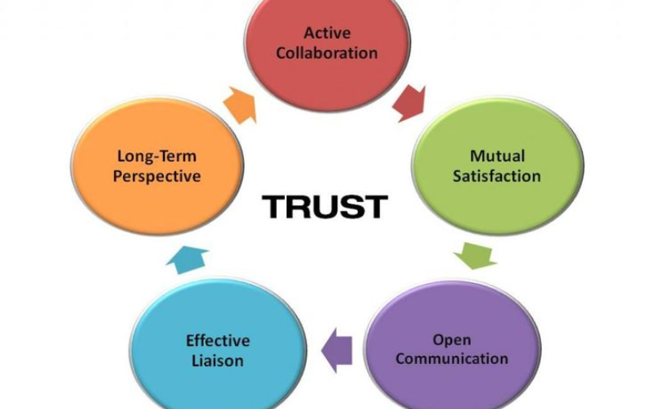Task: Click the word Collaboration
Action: pyautogui.click(x=327, y=52)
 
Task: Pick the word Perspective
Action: pyautogui.click(x=158, y=175)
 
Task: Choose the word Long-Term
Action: pyautogui.click(x=157, y=155)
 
